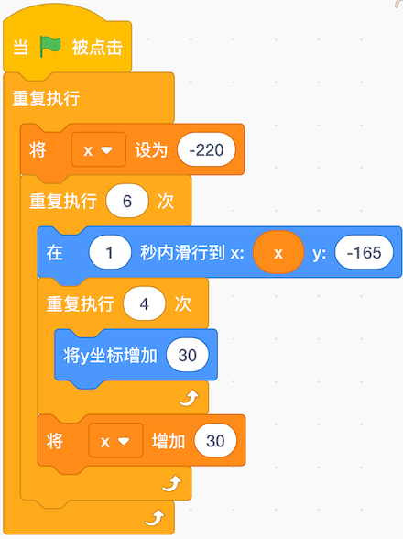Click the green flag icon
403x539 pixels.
[x=50, y=47]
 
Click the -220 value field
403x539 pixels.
[x=206, y=150]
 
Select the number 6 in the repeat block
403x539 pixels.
[x=127, y=201]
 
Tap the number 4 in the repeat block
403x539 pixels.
[x=145, y=304]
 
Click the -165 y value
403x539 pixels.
[x=365, y=253]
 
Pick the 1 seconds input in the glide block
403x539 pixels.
[x=110, y=253]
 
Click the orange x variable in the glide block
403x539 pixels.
[x=278, y=253]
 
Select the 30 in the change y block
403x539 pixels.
[x=187, y=355]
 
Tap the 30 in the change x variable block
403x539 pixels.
[x=215, y=441]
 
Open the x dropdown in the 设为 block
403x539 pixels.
[x=99, y=150]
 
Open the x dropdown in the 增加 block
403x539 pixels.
[x=115, y=441]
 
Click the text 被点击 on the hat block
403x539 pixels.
[x=97, y=47]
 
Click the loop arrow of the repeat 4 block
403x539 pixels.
[x=189, y=398]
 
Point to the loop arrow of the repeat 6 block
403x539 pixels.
[x=172, y=484]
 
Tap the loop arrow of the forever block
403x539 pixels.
[x=155, y=518]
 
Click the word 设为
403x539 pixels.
[x=151, y=150]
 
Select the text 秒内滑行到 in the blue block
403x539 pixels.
[x=182, y=253]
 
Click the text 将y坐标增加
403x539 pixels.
[x=110, y=356]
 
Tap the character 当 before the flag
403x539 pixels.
[x=21, y=47]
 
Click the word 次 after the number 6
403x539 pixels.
[x=166, y=202]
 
